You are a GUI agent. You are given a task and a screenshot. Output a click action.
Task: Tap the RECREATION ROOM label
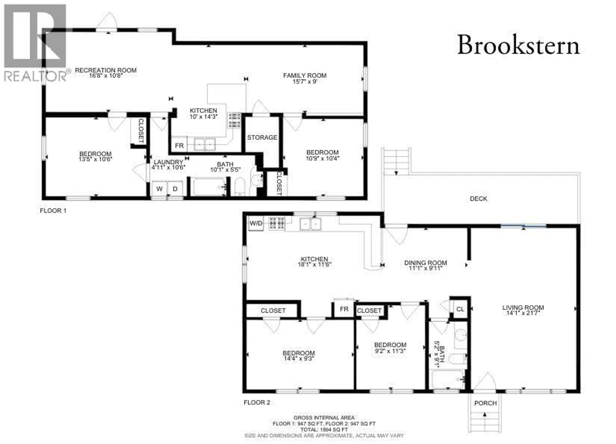click(106, 70)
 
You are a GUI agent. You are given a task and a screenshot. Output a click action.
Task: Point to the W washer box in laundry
click(159, 189)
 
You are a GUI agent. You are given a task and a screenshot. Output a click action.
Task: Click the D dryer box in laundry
click(175, 189)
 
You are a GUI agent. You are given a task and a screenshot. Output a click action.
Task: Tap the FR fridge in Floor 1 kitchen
click(179, 146)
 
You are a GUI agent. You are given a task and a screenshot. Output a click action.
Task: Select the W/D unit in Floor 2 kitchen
click(256, 223)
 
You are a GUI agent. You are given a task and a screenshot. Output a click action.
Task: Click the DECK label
click(478, 199)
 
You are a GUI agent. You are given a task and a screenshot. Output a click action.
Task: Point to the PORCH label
click(485, 403)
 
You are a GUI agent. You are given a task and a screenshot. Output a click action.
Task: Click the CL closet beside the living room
click(460, 309)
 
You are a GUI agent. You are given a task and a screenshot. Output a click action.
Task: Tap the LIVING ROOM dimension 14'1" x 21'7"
click(523, 313)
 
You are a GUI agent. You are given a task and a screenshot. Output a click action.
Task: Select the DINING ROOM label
click(425, 263)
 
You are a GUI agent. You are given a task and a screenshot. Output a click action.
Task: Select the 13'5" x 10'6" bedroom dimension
click(95, 159)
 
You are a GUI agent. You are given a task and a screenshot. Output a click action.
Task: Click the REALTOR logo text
click(35, 76)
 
